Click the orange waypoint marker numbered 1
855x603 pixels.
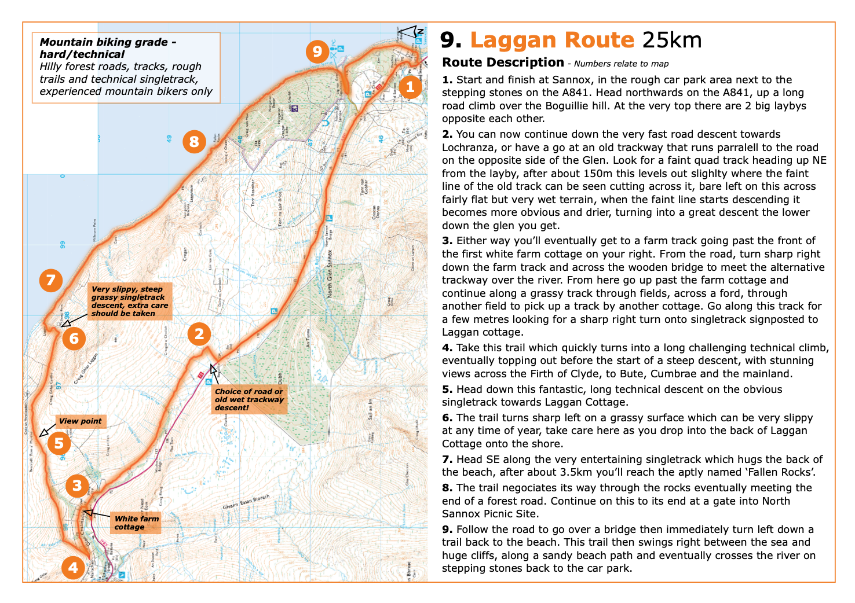coord(410,87)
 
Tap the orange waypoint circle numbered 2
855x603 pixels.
coord(199,334)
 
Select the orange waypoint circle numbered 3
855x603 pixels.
coord(77,486)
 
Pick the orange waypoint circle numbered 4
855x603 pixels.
coord(73,568)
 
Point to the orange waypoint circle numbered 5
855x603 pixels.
coord(59,444)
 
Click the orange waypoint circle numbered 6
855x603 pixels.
coord(74,338)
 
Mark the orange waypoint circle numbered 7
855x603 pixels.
coord(51,281)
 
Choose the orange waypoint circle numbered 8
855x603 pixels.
coord(194,142)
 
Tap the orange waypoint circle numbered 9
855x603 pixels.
coord(317,52)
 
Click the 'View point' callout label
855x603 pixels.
coord(80,421)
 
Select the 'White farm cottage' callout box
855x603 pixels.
coord(136,523)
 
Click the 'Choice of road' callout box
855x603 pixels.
coord(249,399)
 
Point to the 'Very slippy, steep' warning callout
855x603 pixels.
coord(130,301)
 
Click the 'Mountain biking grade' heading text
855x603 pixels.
coord(108,48)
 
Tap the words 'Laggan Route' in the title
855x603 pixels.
coord(552,40)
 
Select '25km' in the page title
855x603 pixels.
coord(672,40)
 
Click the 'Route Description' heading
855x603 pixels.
coord(503,62)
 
